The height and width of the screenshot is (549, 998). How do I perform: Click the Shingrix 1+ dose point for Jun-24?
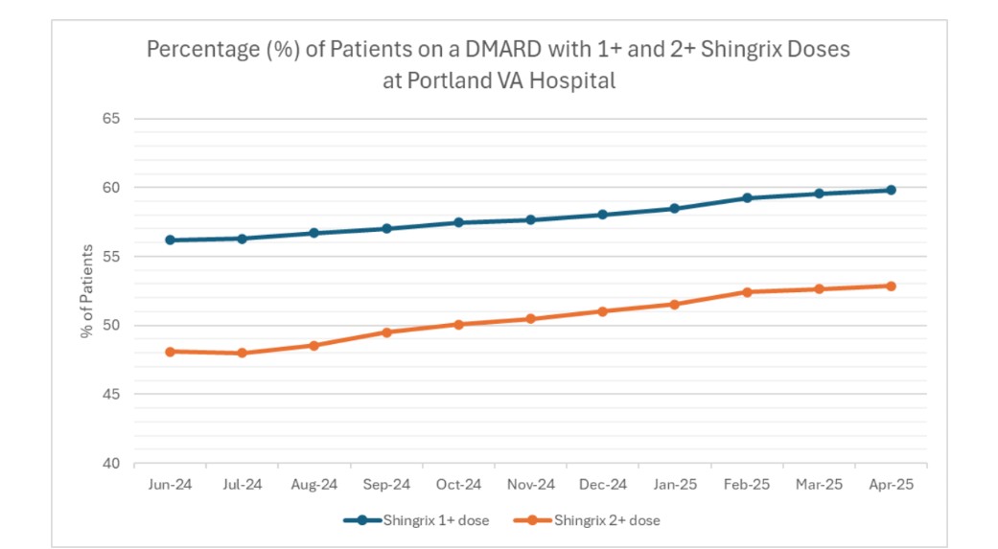pyautogui.click(x=171, y=240)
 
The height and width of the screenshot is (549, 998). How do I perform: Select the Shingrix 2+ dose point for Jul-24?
pyautogui.click(x=243, y=353)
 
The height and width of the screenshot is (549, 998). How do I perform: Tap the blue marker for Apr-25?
pyautogui.click(x=891, y=190)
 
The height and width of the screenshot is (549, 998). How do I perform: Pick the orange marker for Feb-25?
pyautogui.click(x=747, y=291)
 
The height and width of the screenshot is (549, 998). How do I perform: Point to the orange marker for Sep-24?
pyautogui.click(x=386, y=332)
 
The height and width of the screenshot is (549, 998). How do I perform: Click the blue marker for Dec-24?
pyautogui.click(x=603, y=215)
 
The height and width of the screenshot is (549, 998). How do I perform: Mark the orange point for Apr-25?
pyautogui.click(x=891, y=286)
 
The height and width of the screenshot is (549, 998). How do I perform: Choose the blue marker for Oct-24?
pyautogui.click(x=459, y=222)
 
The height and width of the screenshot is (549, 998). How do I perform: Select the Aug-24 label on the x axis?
pyautogui.click(x=314, y=485)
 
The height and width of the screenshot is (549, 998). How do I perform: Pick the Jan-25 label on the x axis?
pyautogui.click(x=675, y=485)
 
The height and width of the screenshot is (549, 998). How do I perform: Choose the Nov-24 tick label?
pyautogui.click(x=531, y=485)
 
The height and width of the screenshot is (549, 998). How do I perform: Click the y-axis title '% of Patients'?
pyautogui.click(x=87, y=290)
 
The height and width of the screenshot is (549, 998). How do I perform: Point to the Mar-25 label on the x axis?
pyautogui.click(x=819, y=485)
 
